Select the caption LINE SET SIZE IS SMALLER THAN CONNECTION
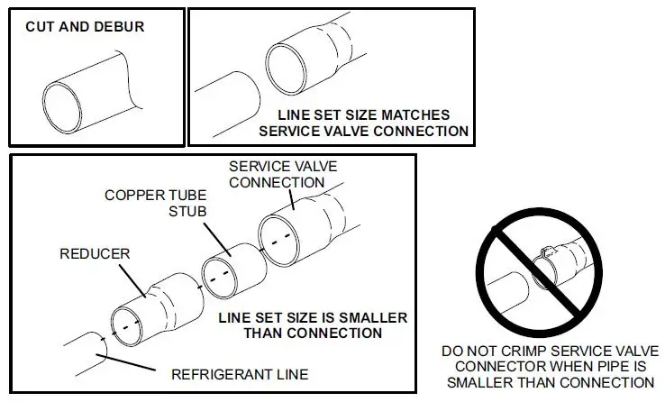[x=312, y=325]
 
